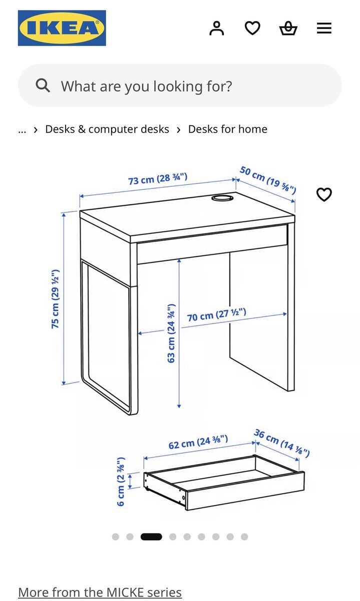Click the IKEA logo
point(62,28)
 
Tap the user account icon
point(216,28)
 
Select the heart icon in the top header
point(252,28)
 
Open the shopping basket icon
point(288,28)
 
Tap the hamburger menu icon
point(324,28)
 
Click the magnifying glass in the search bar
point(43,85)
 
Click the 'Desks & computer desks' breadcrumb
point(107,129)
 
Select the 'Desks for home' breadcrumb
point(228,129)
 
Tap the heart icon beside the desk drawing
point(324,194)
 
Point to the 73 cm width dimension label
point(158,179)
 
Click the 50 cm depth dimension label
point(268,180)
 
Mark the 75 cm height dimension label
point(55,299)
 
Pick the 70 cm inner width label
point(216,315)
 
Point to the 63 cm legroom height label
point(171,333)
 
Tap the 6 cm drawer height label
point(121,482)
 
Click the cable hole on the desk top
point(222,198)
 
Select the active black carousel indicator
point(151,536)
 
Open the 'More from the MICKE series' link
point(100,592)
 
